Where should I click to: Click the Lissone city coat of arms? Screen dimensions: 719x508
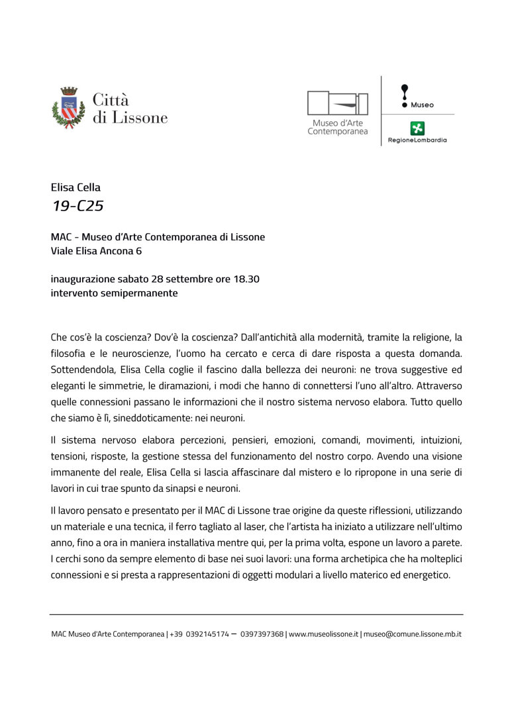pos(68,108)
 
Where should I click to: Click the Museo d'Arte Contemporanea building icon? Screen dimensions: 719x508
pos(337,104)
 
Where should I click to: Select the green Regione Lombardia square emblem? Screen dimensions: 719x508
pos(417,128)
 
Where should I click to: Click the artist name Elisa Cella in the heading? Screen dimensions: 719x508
pos(76,187)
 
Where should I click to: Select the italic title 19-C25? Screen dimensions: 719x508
pos(78,206)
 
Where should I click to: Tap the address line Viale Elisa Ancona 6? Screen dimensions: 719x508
pos(96,251)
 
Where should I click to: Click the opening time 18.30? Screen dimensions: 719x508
pos(246,279)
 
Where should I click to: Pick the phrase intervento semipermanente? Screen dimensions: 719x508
pos(114,293)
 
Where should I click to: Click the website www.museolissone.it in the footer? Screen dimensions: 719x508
pos(323,634)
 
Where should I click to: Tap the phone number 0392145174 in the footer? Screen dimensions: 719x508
pos(207,634)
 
